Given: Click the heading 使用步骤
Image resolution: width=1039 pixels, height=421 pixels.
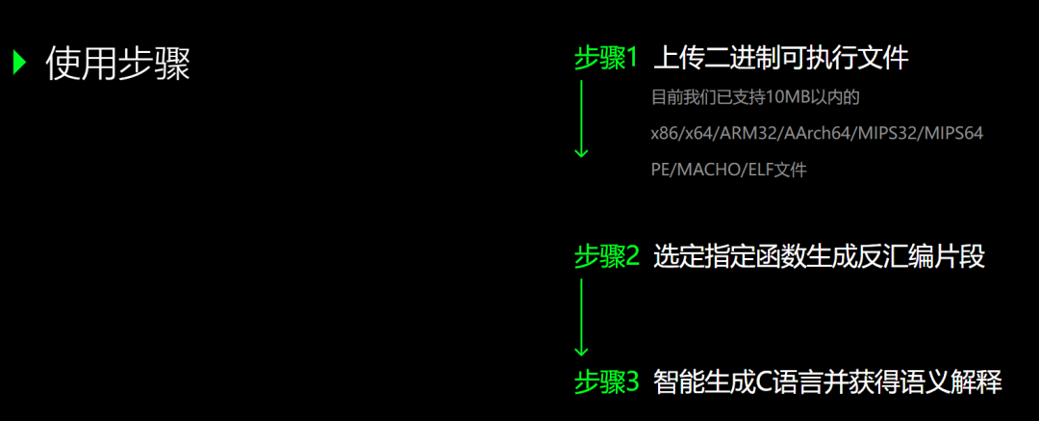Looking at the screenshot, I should [x=117, y=64].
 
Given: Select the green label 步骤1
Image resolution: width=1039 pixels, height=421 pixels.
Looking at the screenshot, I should [x=606, y=59].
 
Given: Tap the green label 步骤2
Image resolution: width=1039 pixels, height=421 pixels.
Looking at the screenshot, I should [x=606, y=256].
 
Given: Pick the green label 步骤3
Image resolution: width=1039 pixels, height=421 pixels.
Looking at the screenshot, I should [x=606, y=382].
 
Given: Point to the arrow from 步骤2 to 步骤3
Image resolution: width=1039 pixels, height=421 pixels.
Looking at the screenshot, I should [x=581, y=317].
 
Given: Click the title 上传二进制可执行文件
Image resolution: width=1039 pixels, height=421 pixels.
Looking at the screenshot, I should [x=780, y=59].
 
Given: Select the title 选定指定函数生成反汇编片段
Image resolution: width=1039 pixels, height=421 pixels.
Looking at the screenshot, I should [x=819, y=256].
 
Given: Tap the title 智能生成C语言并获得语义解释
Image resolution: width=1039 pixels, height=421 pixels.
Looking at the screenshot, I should [x=827, y=382].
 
